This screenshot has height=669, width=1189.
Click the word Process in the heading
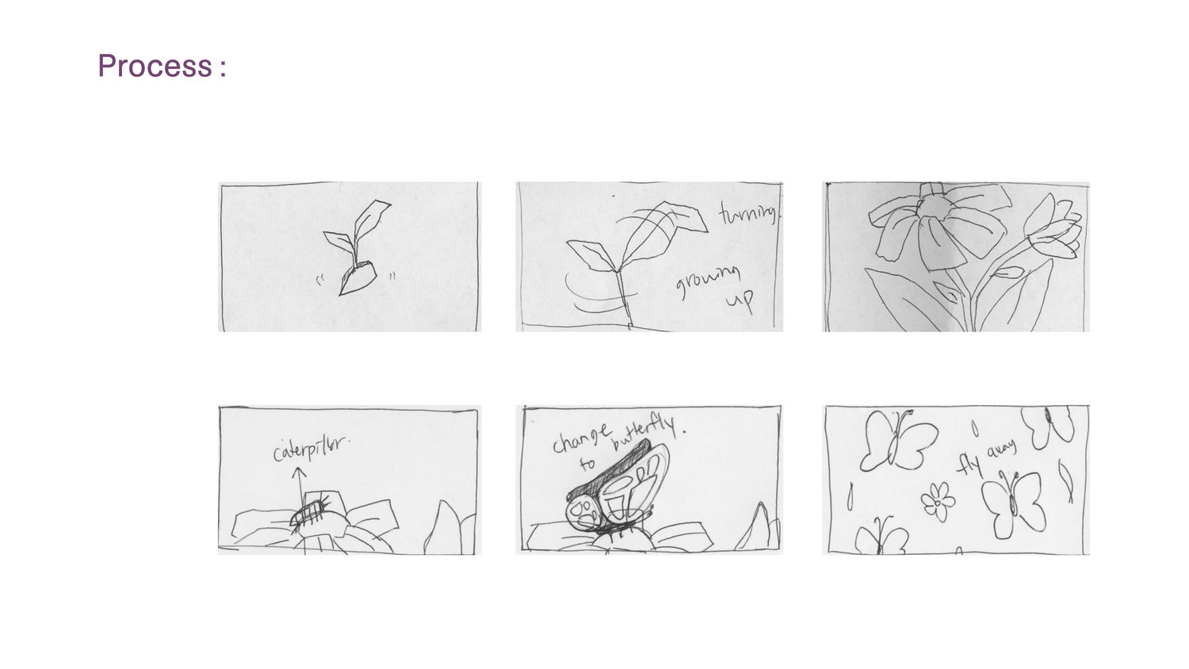(155, 66)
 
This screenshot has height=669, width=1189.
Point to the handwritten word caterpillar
(310, 449)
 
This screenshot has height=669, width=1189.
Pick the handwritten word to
(587, 464)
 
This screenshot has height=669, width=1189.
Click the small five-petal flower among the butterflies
(938, 501)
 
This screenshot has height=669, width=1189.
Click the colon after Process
(223, 68)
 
